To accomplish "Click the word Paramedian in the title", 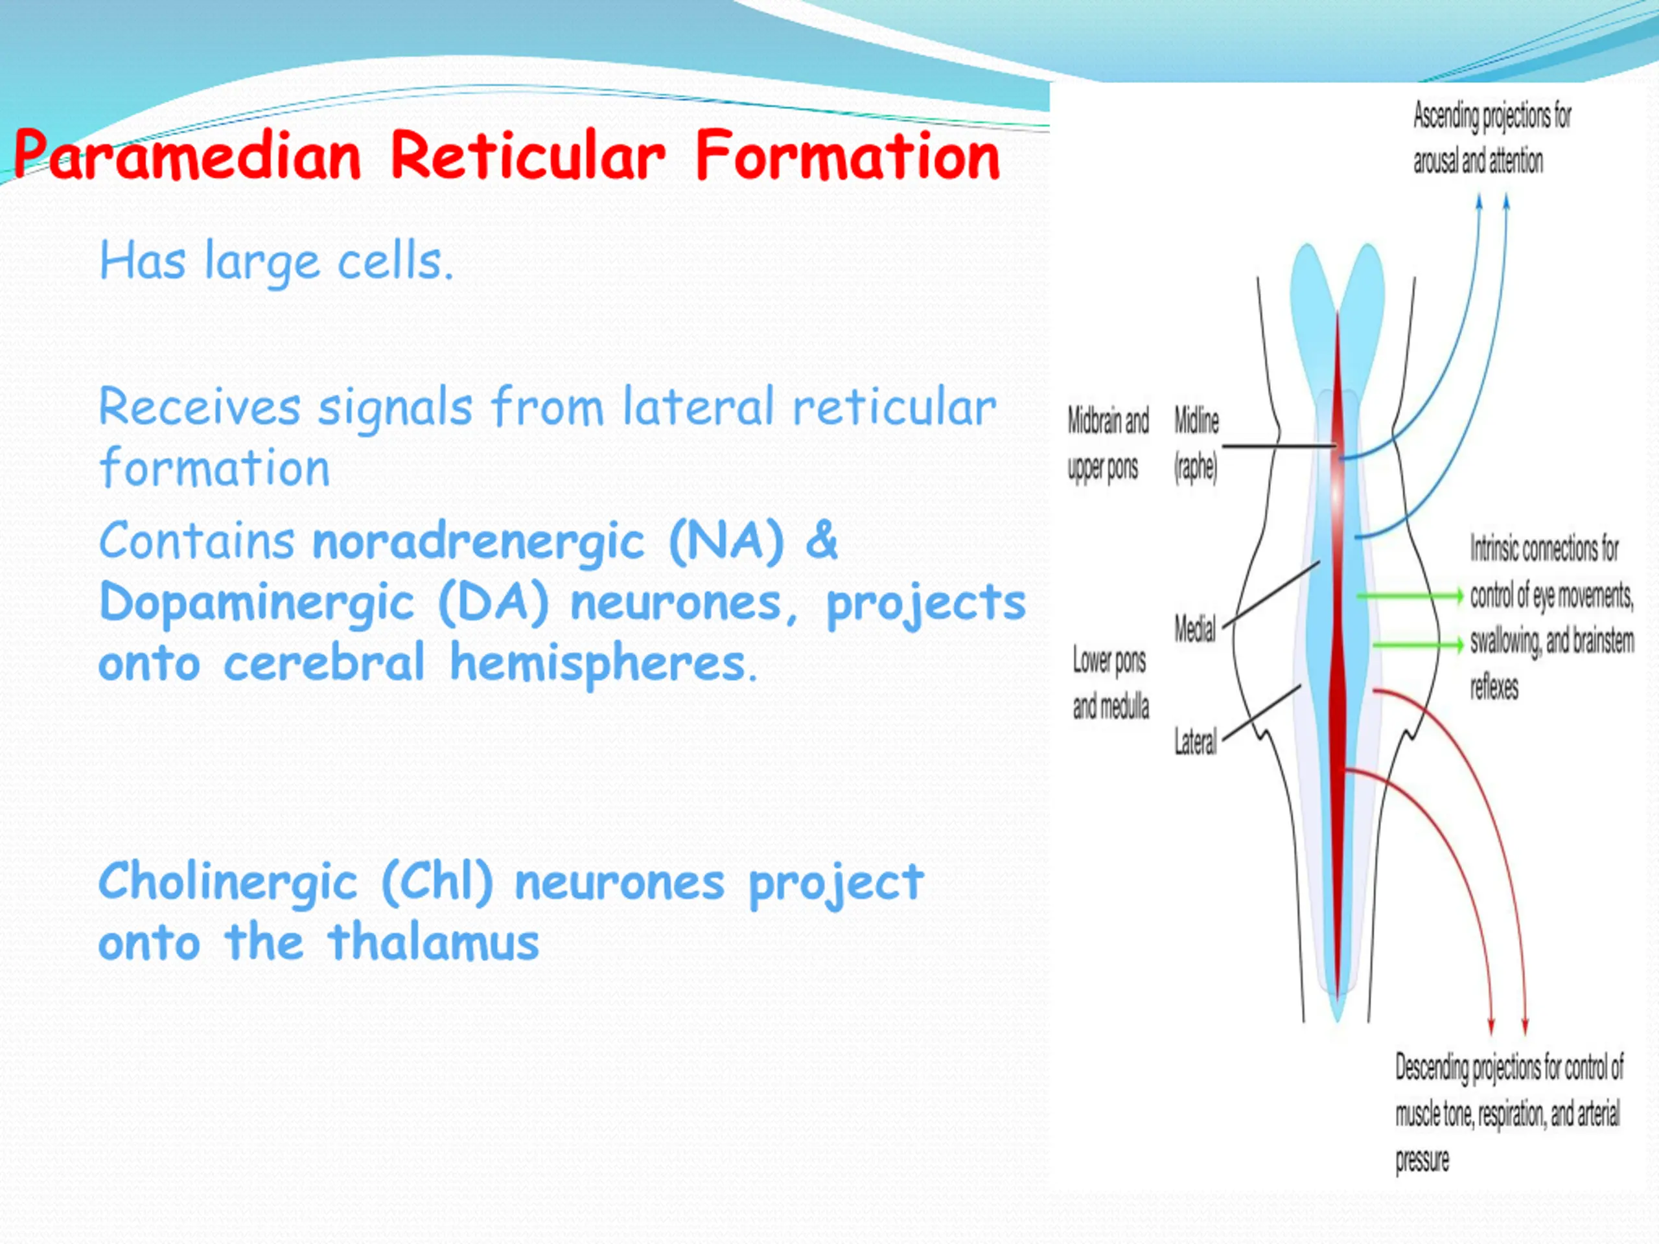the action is click(187, 155).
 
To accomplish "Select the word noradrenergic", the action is click(478, 542).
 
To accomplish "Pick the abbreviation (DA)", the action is click(494, 602).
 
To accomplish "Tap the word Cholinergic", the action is click(228, 883).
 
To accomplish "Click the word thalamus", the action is click(434, 942).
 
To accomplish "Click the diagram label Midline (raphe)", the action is click(1196, 444).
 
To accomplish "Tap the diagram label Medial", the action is click(1195, 628).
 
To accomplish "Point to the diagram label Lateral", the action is click(1196, 742).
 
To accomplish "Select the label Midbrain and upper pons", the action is click(1108, 444).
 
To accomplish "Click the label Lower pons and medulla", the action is click(1110, 682).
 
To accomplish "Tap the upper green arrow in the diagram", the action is click(1410, 597).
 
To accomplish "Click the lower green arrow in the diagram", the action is click(1417, 645).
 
